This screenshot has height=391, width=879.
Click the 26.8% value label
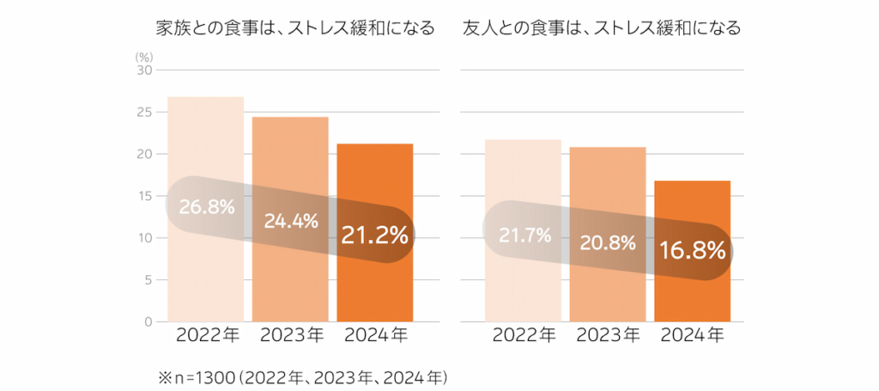(x=206, y=207)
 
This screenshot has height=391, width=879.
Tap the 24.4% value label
(x=291, y=221)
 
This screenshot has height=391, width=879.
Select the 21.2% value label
(x=375, y=235)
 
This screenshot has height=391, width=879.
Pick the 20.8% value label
(x=608, y=243)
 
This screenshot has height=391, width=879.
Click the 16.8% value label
(x=693, y=251)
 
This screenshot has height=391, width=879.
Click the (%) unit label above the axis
(x=142, y=57)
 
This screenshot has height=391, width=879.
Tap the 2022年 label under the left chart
(x=207, y=336)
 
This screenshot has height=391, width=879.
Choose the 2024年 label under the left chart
(x=375, y=336)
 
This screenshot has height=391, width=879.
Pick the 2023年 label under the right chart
(x=608, y=336)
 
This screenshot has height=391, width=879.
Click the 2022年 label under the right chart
(x=524, y=336)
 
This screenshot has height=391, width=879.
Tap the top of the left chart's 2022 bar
(x=206, y=97)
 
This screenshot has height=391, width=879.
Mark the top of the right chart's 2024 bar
(x=693, y=181)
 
